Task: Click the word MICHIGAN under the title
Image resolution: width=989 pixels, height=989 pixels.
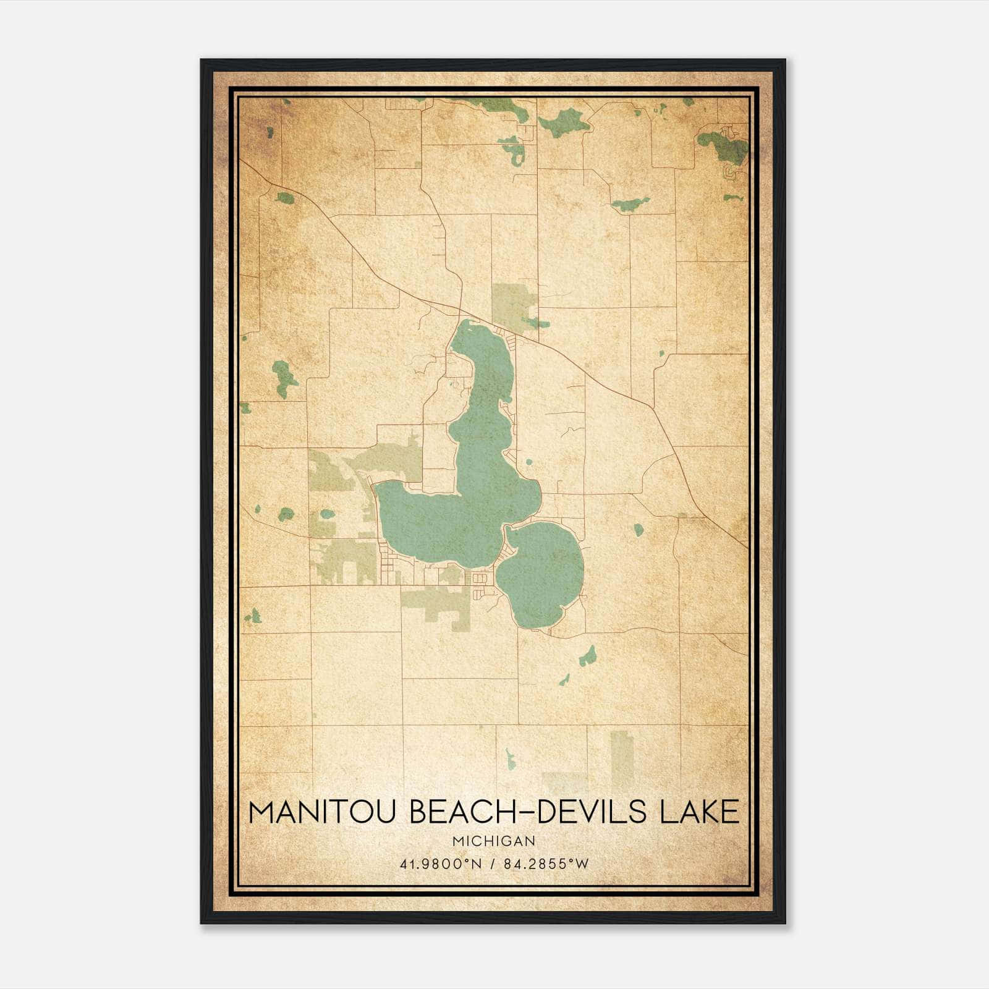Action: click(x=494, y=841)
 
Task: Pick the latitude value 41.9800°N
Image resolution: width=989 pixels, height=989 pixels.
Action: click(x=441, y=864)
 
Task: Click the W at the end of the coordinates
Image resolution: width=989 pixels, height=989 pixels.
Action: click(x=582, y=864)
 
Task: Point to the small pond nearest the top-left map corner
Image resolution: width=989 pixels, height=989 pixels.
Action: click(x=270, y=132)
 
